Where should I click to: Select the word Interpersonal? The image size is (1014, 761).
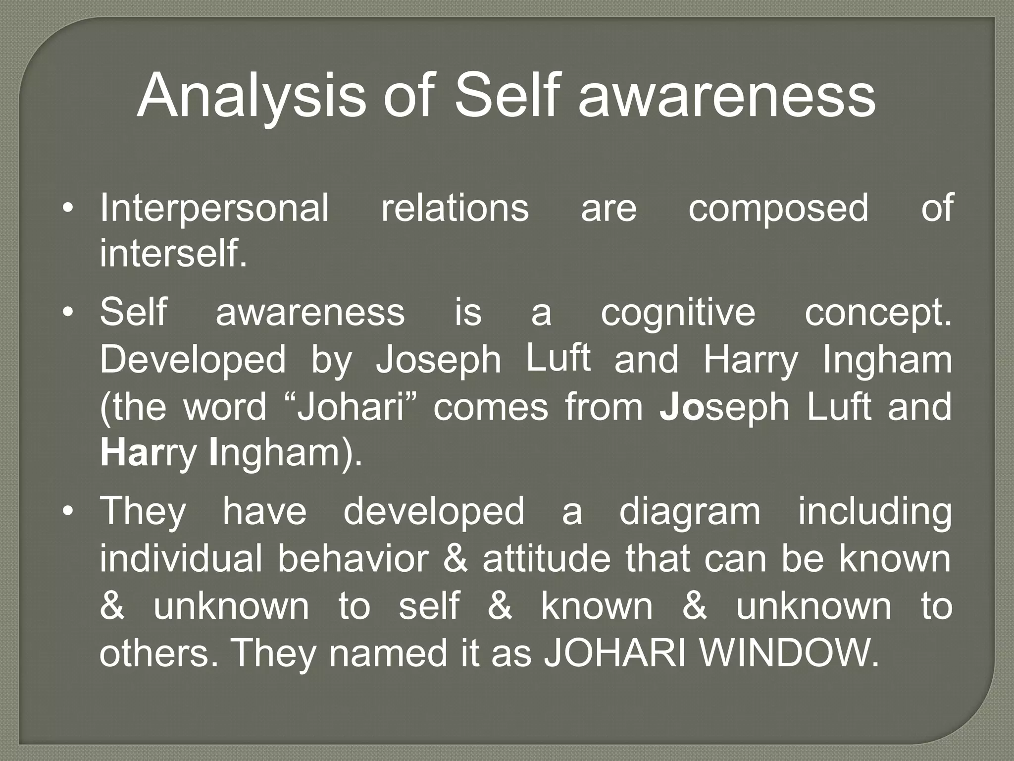(x=214, y=208)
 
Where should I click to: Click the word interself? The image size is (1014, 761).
(x=173, y=254)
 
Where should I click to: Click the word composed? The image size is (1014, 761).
(x=778, y=208)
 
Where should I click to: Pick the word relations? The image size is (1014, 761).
(x=455, y=208)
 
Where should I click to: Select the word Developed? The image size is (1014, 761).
(x=193, y=361)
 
